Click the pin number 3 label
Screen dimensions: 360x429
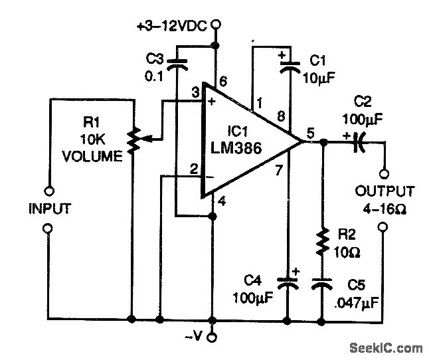[x=195, y=91]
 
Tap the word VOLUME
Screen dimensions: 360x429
[x=92, y=157]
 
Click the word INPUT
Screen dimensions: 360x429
[x=48, y=209]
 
